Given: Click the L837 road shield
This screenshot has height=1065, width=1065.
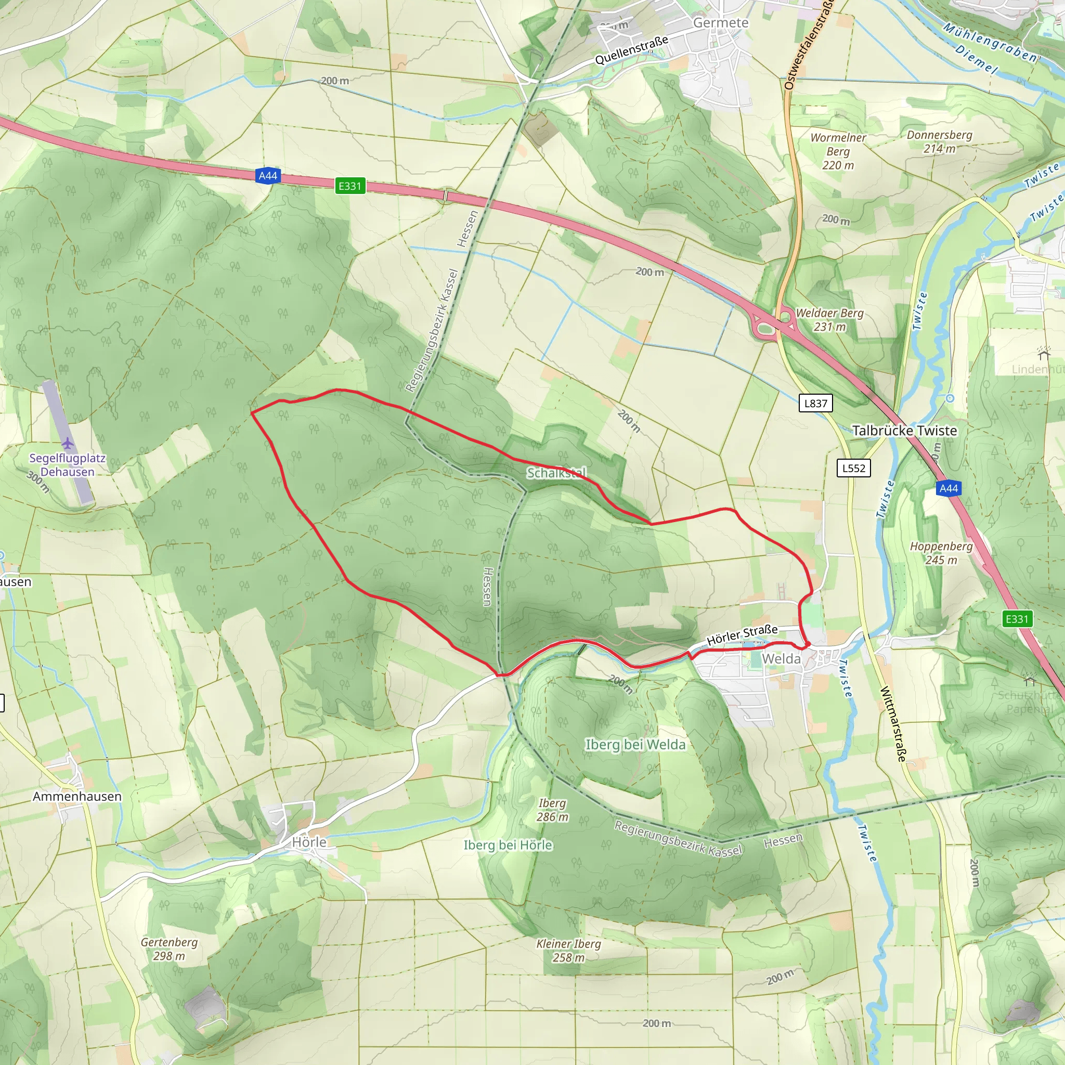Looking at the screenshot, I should point(815,403).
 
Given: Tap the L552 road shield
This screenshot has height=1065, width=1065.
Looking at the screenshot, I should point(853,468).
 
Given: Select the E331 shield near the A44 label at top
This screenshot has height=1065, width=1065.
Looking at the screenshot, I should point(349,186).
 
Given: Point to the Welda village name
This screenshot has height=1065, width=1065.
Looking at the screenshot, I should point(781,659).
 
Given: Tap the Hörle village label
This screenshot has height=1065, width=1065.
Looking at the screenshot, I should point(309,842).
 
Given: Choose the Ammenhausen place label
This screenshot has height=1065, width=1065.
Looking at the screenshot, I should point(77,797).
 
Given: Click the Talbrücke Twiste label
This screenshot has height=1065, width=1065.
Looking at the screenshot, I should point(905,431).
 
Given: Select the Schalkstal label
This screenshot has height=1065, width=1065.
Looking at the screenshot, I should point(557,473).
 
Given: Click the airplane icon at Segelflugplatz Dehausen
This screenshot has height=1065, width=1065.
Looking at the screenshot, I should point(67,443).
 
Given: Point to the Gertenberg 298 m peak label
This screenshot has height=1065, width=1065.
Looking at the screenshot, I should point(168,949).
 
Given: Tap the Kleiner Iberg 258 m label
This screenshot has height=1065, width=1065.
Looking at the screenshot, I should point(568,951).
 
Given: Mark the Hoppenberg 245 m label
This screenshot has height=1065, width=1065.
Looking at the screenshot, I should point(941,553).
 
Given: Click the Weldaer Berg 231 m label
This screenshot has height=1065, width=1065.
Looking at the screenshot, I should point(829,320).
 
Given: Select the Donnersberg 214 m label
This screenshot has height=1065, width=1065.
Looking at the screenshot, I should point(939,141).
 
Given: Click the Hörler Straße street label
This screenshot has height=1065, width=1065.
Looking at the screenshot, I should point(742,635).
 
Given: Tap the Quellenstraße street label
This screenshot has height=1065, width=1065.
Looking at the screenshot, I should point(631,49).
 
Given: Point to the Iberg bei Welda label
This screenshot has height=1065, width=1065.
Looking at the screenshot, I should point(635,745).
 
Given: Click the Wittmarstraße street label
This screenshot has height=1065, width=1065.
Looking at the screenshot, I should point(893,723).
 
